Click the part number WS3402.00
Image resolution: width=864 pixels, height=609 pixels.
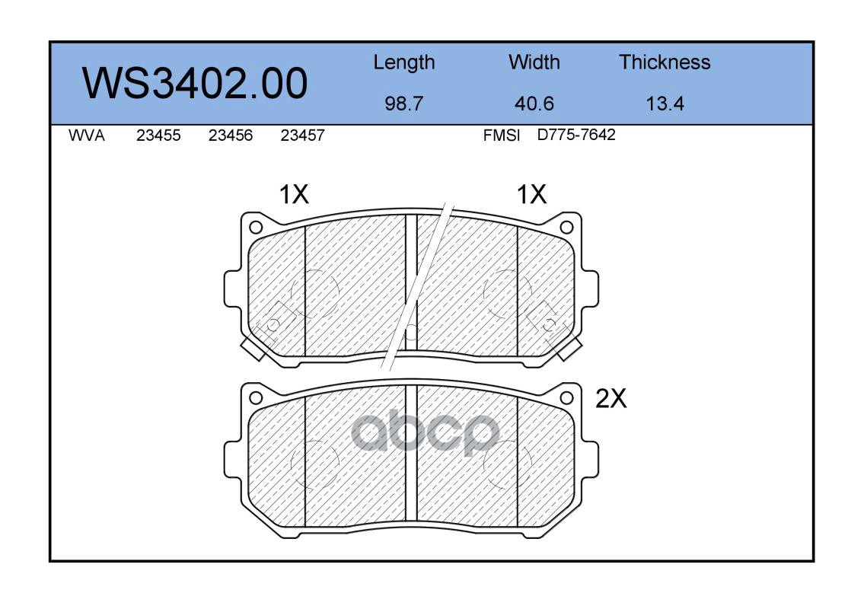[x=195, y=83]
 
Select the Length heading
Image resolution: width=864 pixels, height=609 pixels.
[x=404, y=63]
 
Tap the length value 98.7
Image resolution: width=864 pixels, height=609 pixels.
[x=404, y=104]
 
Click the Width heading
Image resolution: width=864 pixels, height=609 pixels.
[x=534, y=62]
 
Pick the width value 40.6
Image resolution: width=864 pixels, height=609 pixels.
[x=534, y=104]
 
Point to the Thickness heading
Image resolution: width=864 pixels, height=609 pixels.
[x=665, y=62]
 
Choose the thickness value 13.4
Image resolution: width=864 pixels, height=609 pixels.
[x=665, y=104]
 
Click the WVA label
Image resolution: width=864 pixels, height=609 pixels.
[x=87, y=136]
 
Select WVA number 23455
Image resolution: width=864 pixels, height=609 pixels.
[x=158, y=136]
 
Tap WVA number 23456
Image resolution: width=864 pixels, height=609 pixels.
[x=231, y=136]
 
